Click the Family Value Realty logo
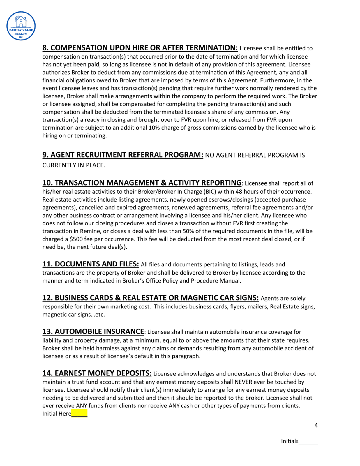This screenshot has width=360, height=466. (21, 26)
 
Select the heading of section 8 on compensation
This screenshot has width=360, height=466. (140, 48)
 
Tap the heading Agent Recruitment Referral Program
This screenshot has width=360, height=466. (123, 155)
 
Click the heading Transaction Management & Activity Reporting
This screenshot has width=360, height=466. (142, 183)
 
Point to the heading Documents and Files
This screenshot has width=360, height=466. (91, 264)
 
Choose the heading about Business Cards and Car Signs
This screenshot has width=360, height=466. (150, 298)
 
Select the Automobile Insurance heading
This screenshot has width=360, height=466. (93, 331)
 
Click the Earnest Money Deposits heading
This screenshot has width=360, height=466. (97, 373)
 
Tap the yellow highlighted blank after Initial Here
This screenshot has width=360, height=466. (79, 414)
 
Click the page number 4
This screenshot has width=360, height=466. (316, 425)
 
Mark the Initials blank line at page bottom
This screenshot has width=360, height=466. (308, 442)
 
